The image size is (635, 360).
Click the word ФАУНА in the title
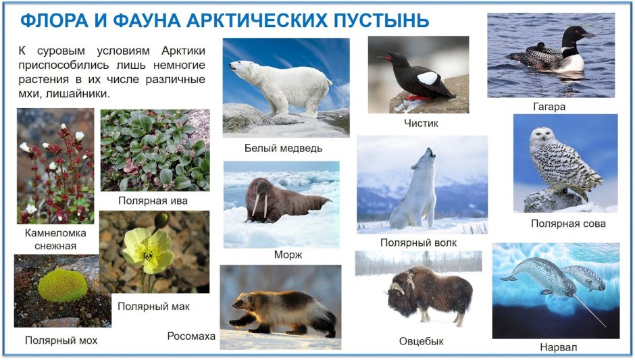(x=145, y=20)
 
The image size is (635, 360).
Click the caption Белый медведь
(x=283, y=148)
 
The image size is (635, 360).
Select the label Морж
(x=288, y=255)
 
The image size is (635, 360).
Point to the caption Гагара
(x=549, y=106)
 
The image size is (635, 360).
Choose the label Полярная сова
(x=567, y=224)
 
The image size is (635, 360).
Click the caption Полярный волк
(x=418, y=242)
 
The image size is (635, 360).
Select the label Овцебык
(x=421, y=341)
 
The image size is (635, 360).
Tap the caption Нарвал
(x=558, y=347)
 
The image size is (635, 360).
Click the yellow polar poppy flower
(x=148, y=251)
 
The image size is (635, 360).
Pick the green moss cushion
(x=61, y=285)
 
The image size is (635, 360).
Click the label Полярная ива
(x=153, y=201)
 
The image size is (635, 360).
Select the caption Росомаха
(x=191, y=336)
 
